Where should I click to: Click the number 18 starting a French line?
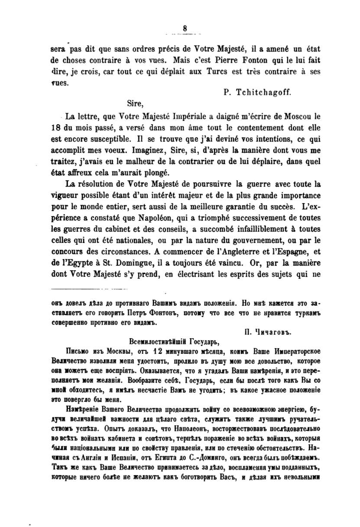(56, 129)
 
